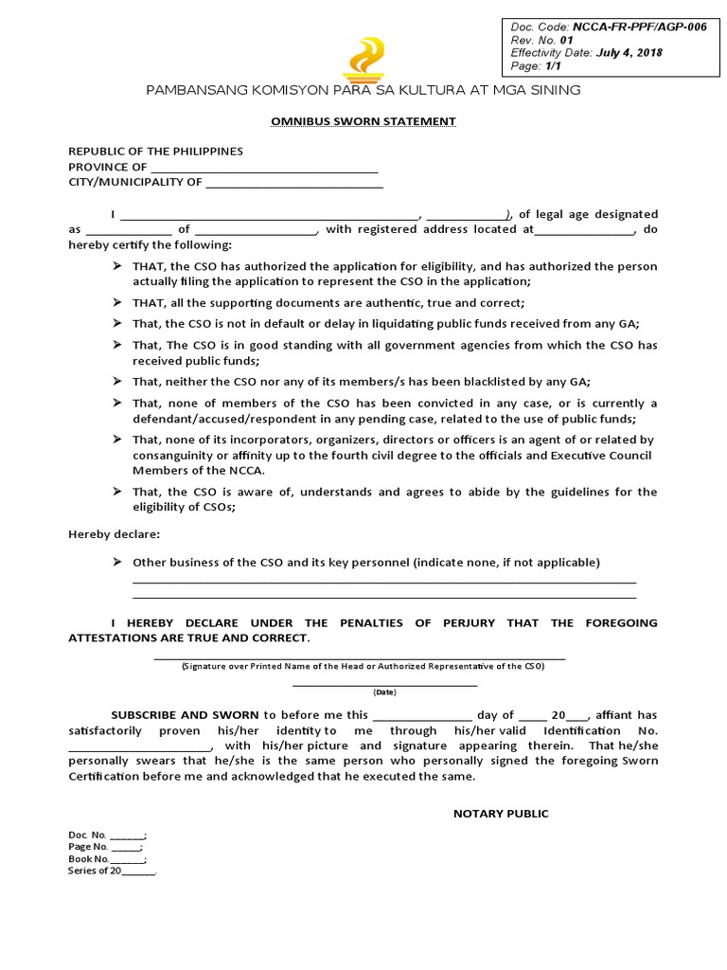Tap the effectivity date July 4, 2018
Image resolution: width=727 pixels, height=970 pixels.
(629, 53)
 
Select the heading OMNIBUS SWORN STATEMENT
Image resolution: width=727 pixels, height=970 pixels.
(363, 121)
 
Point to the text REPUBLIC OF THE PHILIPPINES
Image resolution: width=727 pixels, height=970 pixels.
(155, 152)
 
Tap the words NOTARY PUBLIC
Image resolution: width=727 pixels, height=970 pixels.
(501, 814)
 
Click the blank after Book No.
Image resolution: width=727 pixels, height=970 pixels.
(128, 860)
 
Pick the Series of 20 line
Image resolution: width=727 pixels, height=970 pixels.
(112, 871)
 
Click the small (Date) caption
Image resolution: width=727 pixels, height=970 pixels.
(385, 692)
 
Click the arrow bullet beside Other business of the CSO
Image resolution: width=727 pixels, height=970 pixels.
(116, 562)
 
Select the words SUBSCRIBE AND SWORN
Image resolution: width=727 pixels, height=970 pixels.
(186, 715)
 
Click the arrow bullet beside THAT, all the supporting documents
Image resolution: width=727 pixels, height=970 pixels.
(116, 302)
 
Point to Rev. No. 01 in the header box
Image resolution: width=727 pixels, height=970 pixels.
(542, 41)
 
